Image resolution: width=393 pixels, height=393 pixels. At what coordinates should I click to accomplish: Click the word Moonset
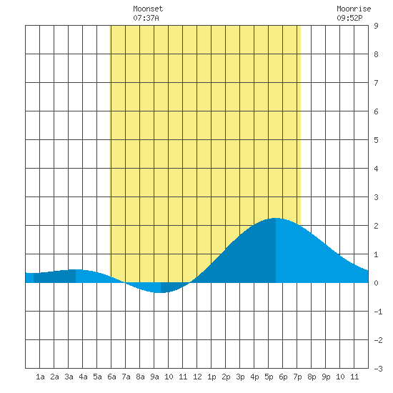[148, 9]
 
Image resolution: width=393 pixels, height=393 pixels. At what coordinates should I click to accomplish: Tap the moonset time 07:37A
[146, 18]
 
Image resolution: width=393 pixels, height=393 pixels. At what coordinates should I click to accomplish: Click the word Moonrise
[354, 9]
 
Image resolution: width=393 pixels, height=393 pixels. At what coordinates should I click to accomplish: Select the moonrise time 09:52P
[349, 18]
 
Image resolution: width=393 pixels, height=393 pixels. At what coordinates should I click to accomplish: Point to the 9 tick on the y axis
[376, 26]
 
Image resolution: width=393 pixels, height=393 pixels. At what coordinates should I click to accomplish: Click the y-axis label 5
[376, 140]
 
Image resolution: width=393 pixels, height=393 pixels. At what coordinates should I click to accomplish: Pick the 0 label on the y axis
[376, 283]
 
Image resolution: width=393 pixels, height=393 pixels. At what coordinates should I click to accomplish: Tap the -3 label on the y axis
[378, 369]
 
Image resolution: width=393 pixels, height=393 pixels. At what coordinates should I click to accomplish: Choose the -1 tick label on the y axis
[378, 312]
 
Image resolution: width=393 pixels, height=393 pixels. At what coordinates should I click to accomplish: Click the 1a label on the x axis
[40, 377]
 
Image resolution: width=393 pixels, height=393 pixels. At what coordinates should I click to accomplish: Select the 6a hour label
[111, 377]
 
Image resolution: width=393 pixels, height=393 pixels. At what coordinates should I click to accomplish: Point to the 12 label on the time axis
[197, 377]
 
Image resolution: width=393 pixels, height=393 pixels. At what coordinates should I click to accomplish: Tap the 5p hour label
[269, 377]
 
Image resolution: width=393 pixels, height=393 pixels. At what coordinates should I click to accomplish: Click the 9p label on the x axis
[326, 377]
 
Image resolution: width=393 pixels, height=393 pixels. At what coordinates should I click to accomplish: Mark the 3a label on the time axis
[69, 377]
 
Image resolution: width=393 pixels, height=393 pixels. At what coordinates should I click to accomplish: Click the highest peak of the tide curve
[276, 218]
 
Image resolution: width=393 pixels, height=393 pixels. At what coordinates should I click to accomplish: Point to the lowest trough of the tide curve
[161, 292]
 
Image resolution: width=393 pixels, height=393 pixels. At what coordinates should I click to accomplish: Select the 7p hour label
[297, 377]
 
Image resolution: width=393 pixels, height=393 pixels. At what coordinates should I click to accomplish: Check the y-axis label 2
[376, 226]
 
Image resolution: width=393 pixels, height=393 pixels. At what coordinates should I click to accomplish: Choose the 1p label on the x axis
[212, 377]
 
